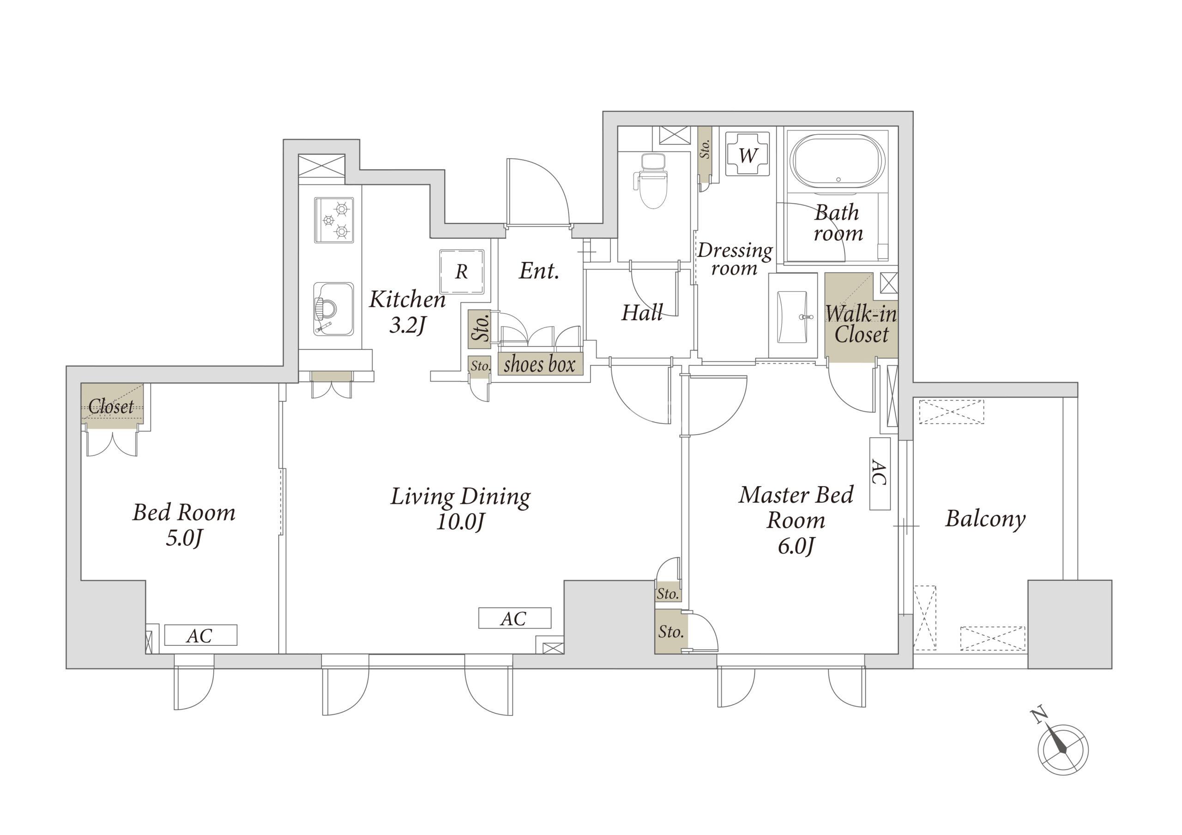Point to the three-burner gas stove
[x=334, y=220]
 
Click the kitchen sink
[x=334, y=309]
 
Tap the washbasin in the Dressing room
[x=793, y=316]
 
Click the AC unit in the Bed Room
[x=201, y=635]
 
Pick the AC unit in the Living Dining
[x=514, y=618]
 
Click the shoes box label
[x=540, y=364]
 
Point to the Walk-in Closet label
[x=861, y=324]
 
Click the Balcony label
[x=985, y=518]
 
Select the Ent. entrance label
[x=539, y=271]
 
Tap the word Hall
[x=642, y=312]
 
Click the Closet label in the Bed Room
[x=111, y=406]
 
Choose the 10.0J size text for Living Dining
[x=460, y=522]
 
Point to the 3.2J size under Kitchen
[x=408, y=325]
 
